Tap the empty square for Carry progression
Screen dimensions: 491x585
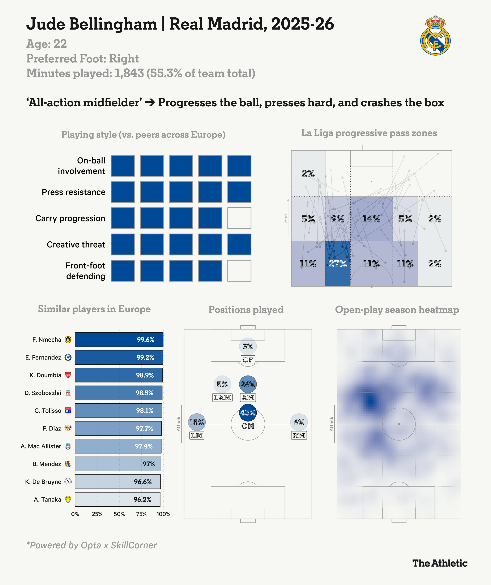pos(239,218)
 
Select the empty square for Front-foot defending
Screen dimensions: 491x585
pos(239,271)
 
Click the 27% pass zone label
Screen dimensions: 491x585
pos(338,264)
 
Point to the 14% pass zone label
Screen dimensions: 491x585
pos(371,219)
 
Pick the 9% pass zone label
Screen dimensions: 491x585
pos(338,219)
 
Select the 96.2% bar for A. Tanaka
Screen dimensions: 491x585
pos(118,499)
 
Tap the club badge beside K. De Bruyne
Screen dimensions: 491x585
pos(68,482)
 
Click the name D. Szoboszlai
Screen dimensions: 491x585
pos(43,393)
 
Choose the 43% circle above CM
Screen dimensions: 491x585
pos(248,413)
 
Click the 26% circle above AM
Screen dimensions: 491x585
pos(248,384)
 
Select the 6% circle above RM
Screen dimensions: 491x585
pos(299,422)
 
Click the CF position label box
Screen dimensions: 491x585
pos(248,360)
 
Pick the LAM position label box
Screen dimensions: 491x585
pos(222,398)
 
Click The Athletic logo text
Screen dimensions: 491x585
pos(440,563)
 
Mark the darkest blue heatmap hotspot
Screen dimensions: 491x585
pos(370,401)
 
